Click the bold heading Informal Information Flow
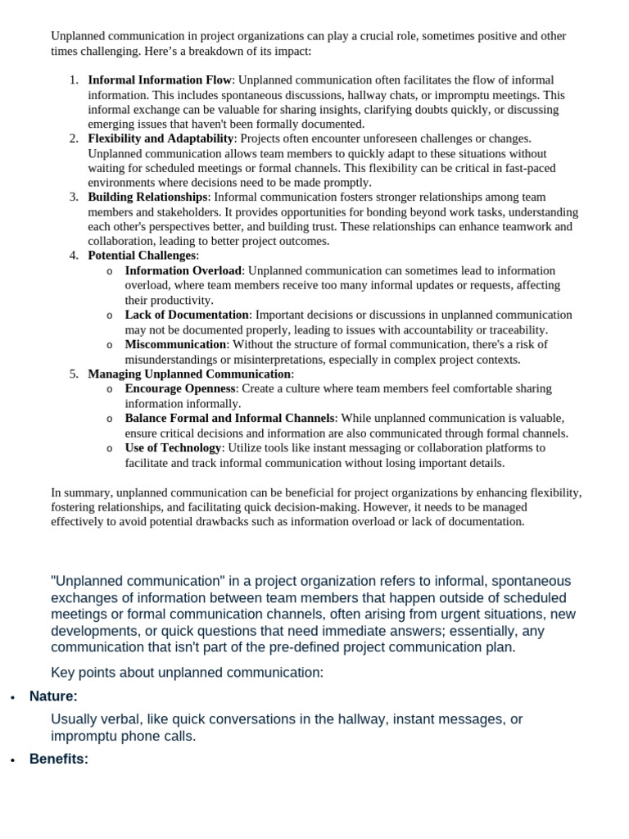tap(160, 80)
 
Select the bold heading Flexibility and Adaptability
tap(161, 138)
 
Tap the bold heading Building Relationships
tap(147, 197)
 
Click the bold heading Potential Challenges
tap(142, 256)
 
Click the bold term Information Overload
tap(183, 270)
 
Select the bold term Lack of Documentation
tap(187, 315)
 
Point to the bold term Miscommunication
tap(175, 344)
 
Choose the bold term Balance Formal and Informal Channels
tap(229, 418)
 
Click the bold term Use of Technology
tap(173, 447)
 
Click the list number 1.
tap(73, 80)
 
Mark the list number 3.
tap(73, 197)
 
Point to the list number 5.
tap(73, 374)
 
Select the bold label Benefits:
tap(58, 759)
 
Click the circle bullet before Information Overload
tap(110, 271)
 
